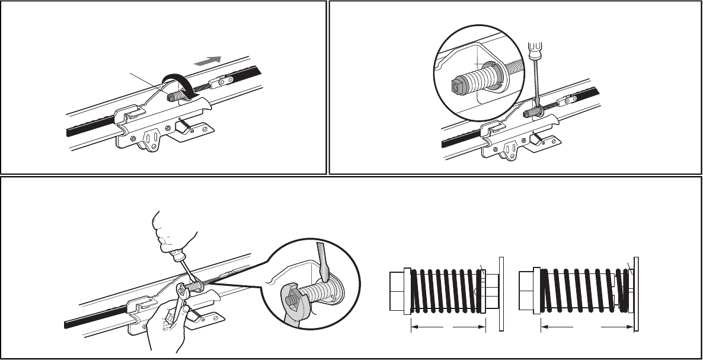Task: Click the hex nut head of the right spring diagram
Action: [526, 291]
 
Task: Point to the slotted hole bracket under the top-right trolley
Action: [509, 149]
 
